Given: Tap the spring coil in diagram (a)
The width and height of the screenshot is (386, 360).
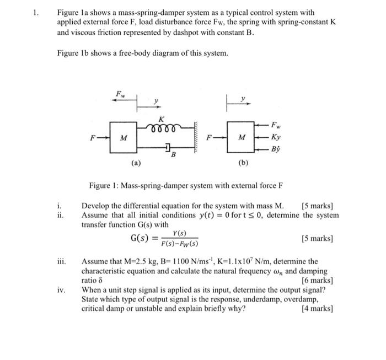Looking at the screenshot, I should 162,126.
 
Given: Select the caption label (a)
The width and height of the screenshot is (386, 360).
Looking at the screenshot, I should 136,163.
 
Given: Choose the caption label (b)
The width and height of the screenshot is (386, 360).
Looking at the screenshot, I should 243,163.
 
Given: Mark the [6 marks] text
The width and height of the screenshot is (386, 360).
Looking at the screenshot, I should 318,281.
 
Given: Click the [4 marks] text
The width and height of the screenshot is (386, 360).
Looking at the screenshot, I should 317,308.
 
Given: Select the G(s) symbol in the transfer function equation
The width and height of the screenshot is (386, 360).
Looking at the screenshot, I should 141,239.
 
